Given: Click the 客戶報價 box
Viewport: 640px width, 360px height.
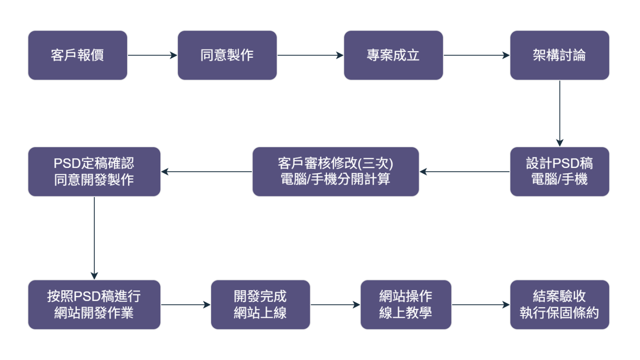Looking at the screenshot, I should point(78,55).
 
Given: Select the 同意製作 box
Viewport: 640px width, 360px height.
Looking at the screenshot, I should point(227,55).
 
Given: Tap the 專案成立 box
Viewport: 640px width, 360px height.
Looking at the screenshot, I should point(393,55).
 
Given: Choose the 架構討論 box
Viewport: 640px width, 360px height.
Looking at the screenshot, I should point(560,55).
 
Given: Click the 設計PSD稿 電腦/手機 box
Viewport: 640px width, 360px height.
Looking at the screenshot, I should point(560,172).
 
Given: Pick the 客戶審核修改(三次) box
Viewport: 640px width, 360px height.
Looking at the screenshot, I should point(336,172).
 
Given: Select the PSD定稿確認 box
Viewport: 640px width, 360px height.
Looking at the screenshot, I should point(94,172).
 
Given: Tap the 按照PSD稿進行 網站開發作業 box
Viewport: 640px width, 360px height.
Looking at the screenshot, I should point(94,304).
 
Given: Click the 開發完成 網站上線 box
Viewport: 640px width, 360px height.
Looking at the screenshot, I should point(260,304).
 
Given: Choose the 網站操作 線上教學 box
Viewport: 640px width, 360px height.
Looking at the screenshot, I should point(406,304).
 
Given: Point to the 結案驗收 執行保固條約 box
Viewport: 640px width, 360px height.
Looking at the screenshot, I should point(560,304).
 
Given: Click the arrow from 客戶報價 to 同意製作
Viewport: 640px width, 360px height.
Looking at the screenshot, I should point(152,55).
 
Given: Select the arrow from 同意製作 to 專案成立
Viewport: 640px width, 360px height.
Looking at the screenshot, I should point(310,55).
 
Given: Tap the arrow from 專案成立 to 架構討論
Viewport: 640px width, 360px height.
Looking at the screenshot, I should point(476,55).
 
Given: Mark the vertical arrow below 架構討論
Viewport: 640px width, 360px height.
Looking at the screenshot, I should point(560,113).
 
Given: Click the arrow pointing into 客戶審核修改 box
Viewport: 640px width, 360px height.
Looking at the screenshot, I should point(464,172).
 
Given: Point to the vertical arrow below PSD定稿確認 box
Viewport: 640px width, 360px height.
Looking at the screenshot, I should point(94,238).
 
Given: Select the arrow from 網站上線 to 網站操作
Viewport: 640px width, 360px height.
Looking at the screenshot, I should point(335,304).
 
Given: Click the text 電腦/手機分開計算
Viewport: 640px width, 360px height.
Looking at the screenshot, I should point(336,180).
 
